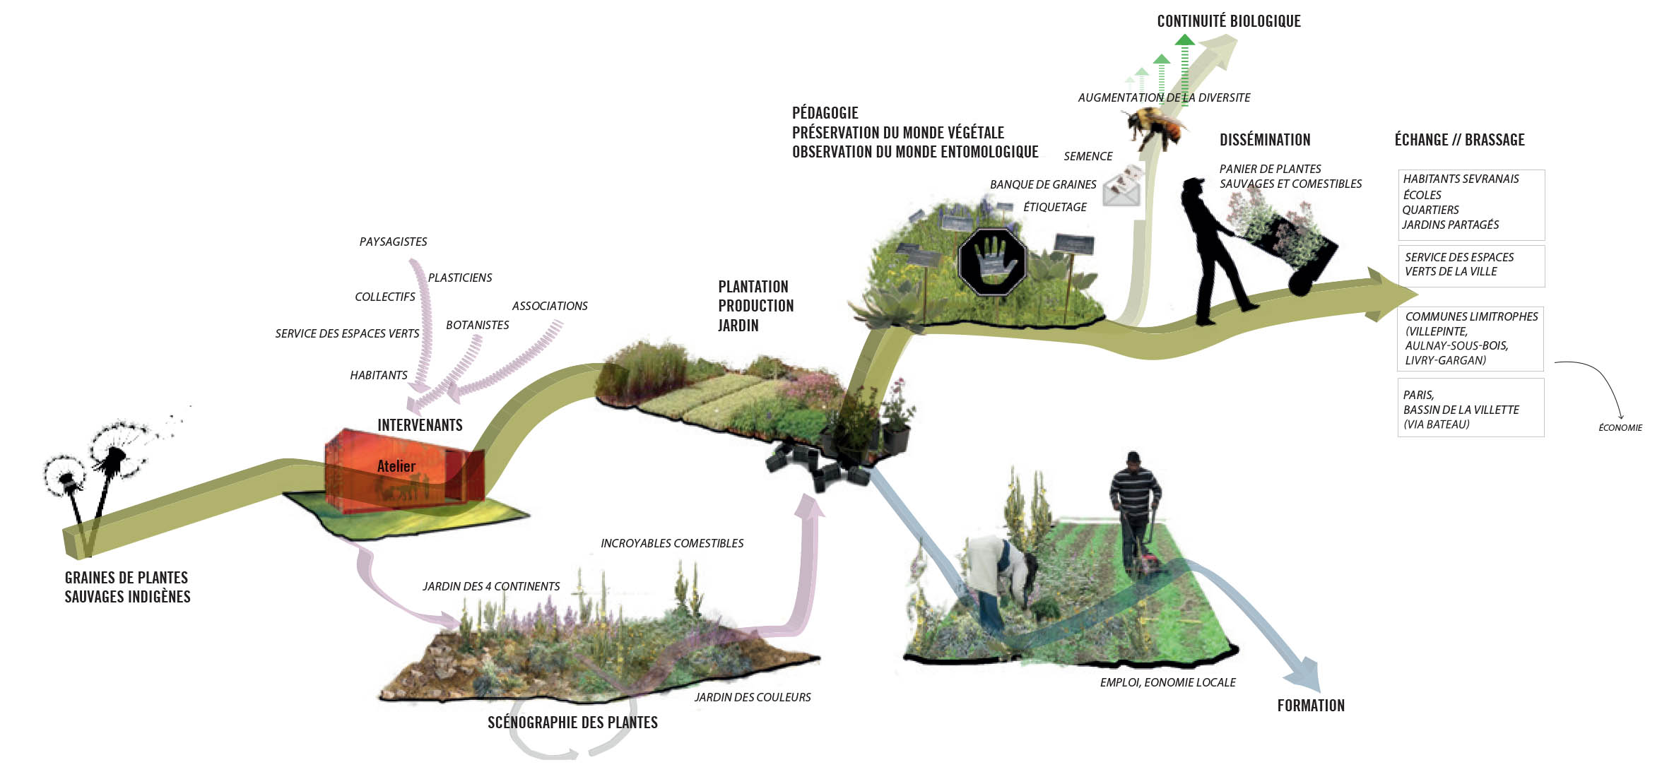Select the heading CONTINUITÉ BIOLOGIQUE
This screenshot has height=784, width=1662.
tap(1228, 21)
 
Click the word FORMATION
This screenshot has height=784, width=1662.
tap(1310, 706)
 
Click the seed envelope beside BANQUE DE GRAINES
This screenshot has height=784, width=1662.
tap(1122, 186)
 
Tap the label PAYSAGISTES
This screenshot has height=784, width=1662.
tap(393, 242)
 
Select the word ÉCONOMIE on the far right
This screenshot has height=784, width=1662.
tap(1620, 427)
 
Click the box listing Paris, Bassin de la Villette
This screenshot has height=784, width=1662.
tap(1470, 408)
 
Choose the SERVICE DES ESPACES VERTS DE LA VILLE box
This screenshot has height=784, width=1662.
tap(1470, 265)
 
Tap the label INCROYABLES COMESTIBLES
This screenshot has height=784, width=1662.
tap(671, 543)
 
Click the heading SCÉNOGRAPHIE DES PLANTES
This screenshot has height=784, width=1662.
tap(572, 722)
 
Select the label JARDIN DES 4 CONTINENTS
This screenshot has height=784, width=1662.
tap(490, 586)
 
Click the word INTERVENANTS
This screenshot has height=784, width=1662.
tap(420, 425)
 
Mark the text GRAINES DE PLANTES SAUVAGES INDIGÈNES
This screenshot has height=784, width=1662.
tap(127, 587)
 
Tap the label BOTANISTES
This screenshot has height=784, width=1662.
tap(477, 325)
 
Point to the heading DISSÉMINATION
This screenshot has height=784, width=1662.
tap(1264, 140)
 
